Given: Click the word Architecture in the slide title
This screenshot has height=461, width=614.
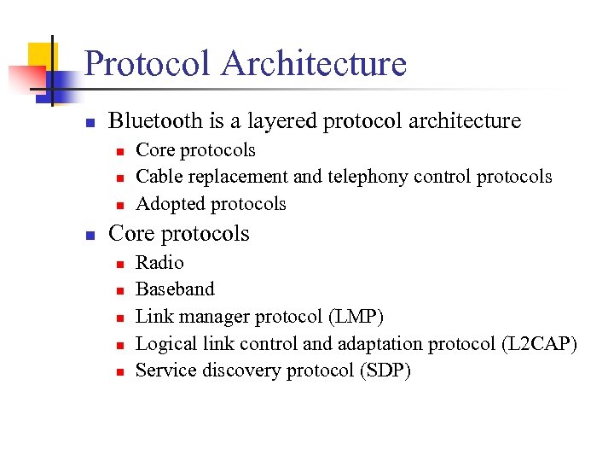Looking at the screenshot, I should click(314, 64).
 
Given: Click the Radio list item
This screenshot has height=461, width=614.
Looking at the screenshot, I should click(159, 263).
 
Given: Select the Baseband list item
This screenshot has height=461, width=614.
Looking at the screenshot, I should click(175, 289).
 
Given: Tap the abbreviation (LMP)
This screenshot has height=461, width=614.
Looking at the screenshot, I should click(356, 317).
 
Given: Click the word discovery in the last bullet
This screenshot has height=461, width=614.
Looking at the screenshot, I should click(239, 371).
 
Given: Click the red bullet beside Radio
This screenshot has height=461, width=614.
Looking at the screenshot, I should click(121, 264).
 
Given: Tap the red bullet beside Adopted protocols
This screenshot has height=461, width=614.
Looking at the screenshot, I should click(121, 205).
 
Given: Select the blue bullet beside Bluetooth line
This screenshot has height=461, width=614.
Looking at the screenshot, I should click(90, 122).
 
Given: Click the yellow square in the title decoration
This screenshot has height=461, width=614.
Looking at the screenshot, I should click(40, 55).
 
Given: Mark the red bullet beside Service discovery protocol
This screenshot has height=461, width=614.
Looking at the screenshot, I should click(121, 372).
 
